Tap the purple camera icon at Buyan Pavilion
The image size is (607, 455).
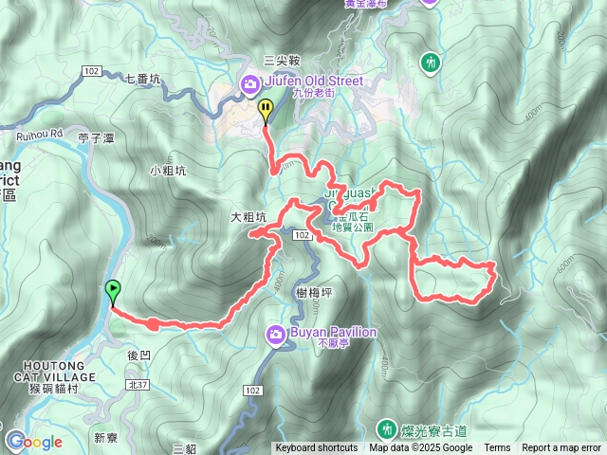(x=275, y=334)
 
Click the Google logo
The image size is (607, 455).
(x=34, y=442)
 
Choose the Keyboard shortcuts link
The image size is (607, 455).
(x=317, y=448)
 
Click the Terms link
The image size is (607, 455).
(x=497, y=448)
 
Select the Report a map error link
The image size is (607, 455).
(x=561, y=448)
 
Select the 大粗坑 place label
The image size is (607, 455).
(x=248, y=217)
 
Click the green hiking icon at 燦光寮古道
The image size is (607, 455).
(x=388, y=428)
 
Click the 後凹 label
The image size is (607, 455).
(x=138, y=355)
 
